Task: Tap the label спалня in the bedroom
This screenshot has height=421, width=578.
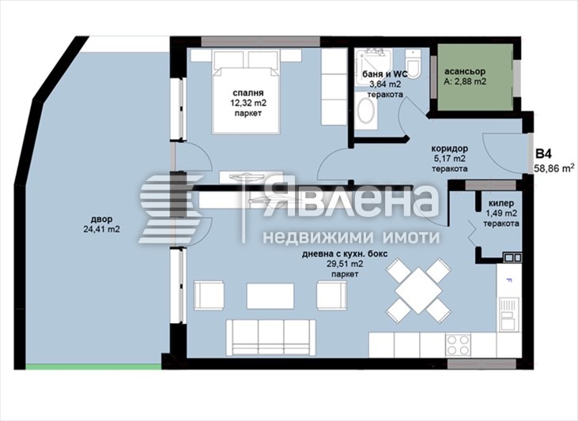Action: point(247,91)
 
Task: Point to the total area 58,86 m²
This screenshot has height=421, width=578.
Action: point(553,168)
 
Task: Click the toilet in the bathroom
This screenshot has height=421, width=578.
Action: point(414,65)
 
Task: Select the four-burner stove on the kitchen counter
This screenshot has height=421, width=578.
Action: point(459,345)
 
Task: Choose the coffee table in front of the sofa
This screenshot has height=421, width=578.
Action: point(270,295)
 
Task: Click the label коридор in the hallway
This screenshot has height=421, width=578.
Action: point(450,148)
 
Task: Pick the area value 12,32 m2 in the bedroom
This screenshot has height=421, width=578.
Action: point(247,102)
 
